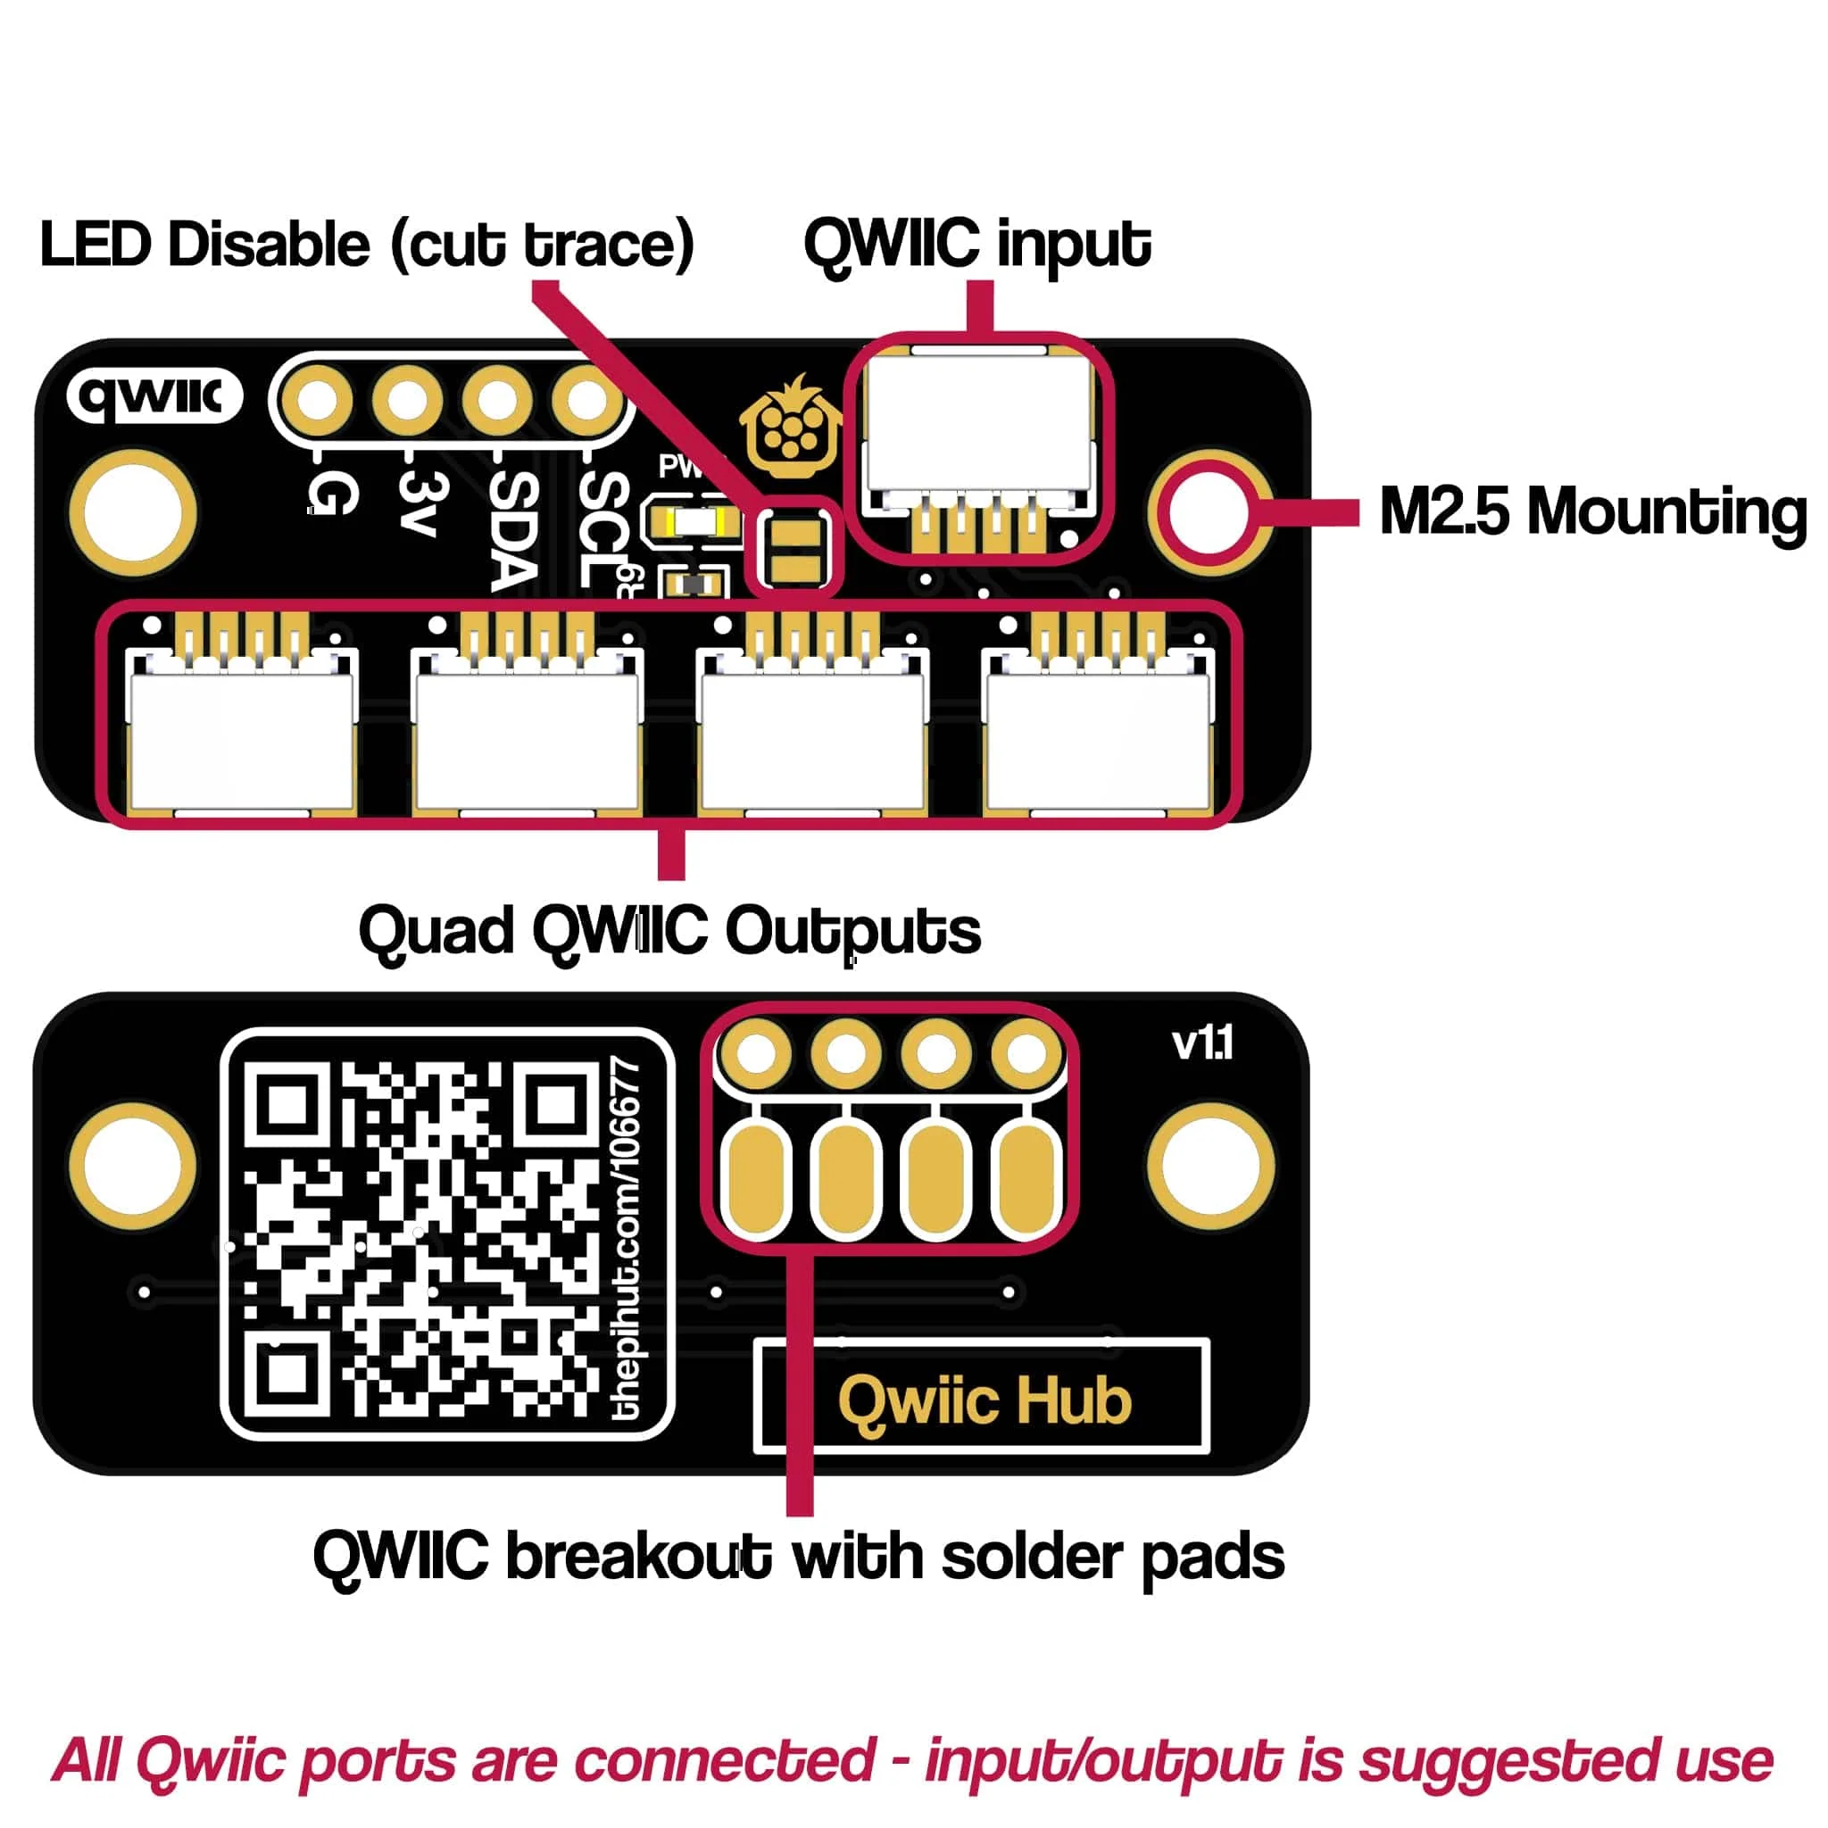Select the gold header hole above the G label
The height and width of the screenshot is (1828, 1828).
[319, 399]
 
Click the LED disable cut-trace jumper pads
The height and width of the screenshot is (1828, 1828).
[793, 549]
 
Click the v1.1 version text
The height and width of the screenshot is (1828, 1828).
[1201, 1043]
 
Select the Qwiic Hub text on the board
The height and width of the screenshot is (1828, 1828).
[984, 1401]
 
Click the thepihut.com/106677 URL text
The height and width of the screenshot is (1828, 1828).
[627, 1241]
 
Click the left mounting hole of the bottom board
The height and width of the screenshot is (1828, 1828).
[132, 1167]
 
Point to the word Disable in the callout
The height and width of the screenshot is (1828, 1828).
[270, 245]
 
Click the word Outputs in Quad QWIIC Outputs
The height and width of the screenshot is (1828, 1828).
[852, 931]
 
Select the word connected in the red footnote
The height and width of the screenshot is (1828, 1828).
[724, 1760]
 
